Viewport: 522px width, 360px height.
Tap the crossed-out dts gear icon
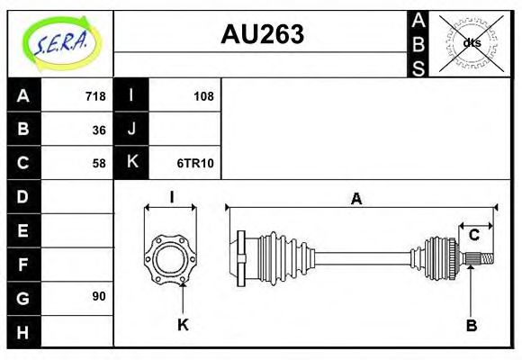(472, 42)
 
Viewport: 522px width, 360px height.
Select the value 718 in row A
(94, 96)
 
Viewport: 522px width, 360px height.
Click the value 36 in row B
(98, 130)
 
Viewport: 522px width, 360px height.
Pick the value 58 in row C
(98, 164)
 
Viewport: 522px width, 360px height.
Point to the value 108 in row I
(203, 96)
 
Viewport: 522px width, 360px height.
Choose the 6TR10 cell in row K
(195, 164)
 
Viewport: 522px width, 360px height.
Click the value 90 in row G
(98, 296)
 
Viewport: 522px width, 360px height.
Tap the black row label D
(23, 196)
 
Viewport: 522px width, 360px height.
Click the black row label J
(131, 130)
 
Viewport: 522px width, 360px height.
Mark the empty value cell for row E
(76, 230)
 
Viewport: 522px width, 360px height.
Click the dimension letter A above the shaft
(356, 199)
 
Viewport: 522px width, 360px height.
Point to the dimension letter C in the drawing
(473, 236)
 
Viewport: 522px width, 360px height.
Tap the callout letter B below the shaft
(471, 325)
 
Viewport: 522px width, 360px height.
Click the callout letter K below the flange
(183, 325)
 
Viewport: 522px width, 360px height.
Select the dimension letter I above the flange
(171, 197)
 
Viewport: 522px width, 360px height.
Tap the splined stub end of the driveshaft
(482, 260)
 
